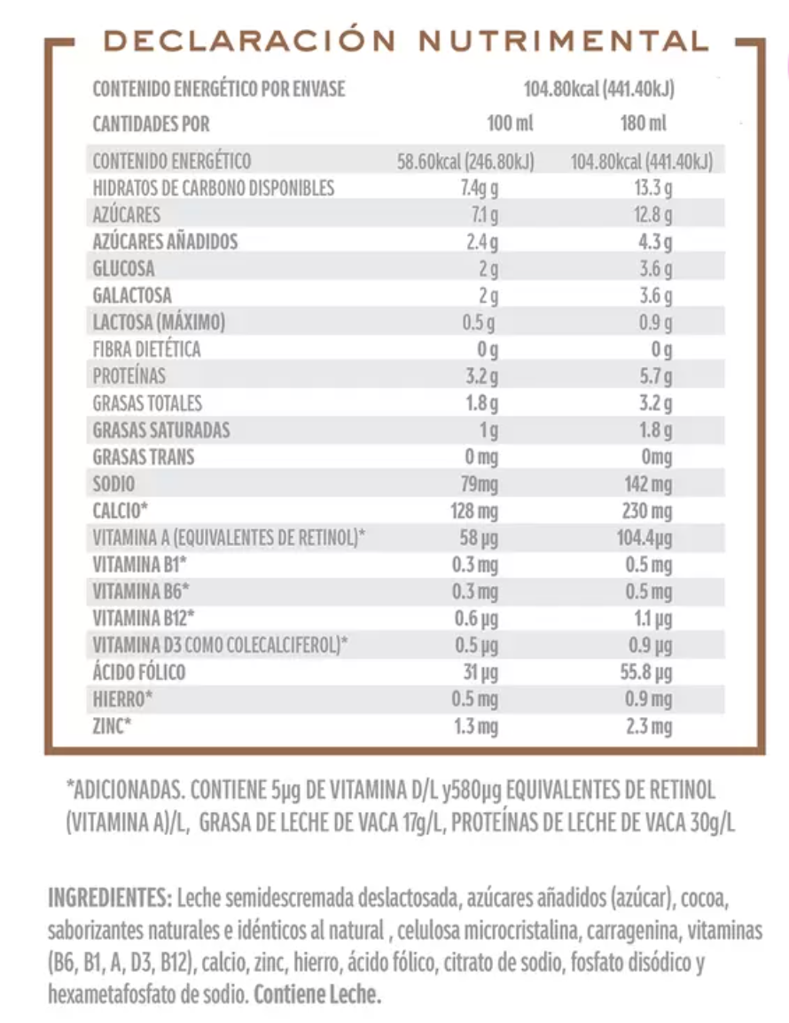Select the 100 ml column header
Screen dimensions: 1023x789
point(511,124)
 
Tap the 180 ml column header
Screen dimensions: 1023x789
point(644,124)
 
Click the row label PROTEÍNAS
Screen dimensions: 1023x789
point(129,376)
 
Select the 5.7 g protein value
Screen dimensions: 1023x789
point(655,376)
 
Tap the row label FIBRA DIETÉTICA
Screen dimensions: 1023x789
point(146,349)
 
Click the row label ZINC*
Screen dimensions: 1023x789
point(112,727)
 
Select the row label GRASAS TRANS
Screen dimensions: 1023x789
point(143,457)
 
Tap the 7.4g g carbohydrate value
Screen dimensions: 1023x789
point(480,188)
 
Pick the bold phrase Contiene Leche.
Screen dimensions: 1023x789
point(317,996)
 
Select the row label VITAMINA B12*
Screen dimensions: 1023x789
point(144,619)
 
